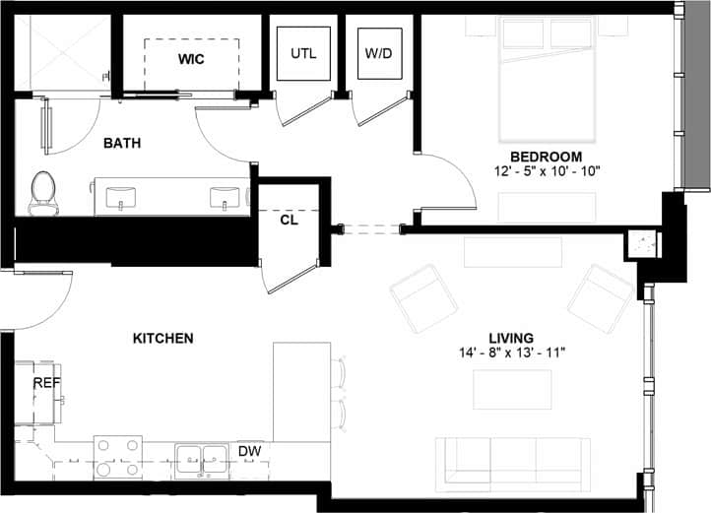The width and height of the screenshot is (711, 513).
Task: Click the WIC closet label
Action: pos(191,60)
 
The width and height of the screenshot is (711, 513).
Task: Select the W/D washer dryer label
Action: pos(378,52)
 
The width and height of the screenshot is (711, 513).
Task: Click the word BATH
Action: pos(122,143)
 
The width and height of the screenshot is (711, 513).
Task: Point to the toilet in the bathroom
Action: pos(42,193)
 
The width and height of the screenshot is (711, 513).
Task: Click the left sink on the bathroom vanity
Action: pos(121,198)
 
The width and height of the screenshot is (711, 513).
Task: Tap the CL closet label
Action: pos(289,220)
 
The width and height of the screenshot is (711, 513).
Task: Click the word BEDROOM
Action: pos(546,157)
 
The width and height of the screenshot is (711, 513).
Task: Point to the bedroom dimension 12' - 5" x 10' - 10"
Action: pos(547,171)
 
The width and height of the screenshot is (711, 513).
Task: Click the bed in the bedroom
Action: pos(548,79)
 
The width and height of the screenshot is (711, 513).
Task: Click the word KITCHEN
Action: pos(162,338)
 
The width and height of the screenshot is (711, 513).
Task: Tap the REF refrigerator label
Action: pos(46,382)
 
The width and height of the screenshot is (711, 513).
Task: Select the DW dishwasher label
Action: pos(250,451)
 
